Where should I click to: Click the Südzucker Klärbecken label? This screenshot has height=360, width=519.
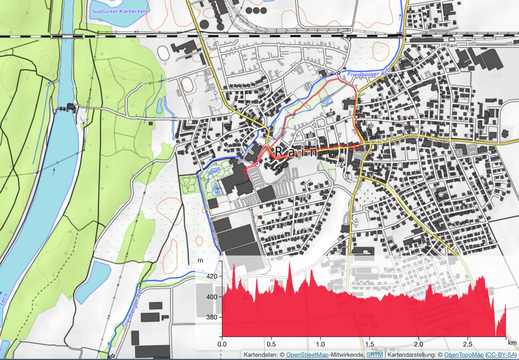(x=119, y=11)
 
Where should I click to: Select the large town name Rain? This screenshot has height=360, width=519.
(x=296, y=152)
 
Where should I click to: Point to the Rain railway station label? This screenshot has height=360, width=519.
(x=452, y=45)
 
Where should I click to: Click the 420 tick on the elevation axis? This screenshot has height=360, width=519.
(x=212, y=276)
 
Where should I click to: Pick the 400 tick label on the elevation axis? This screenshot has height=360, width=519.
(x=212, y=297)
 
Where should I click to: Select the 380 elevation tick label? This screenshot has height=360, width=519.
(x=212, y=317)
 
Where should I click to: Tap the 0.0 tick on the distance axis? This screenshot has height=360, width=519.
(x=222, y=344)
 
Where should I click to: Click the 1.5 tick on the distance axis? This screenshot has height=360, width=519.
(x=370, y=344)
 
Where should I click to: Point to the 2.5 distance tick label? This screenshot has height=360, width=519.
(x=467, y=344)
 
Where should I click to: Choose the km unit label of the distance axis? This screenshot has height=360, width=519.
(x=512, y=343)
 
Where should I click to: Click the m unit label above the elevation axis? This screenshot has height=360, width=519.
(x=200, y=261)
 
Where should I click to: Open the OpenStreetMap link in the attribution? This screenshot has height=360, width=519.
(x=307, y=355)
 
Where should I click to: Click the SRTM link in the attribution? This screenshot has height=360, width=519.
(x=374, y=355)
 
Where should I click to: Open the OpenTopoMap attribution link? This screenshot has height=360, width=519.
(x=464, y=355)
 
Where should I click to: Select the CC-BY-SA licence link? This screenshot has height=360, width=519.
(x=501, y=355)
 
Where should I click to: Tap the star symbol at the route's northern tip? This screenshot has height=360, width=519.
(x=338, y=72)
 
